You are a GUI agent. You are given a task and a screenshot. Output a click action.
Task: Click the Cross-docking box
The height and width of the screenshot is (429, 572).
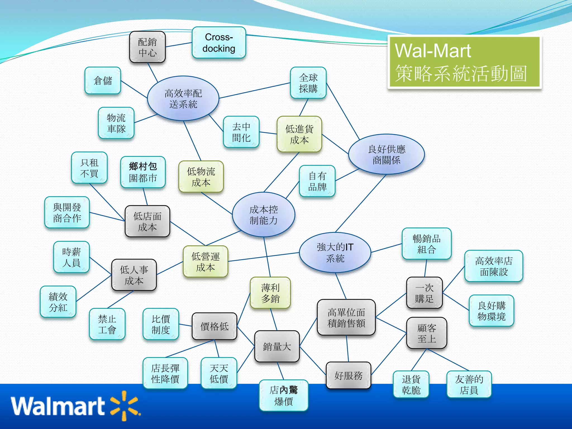coord(219,42)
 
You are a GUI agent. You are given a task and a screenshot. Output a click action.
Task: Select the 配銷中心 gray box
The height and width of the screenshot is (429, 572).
coord(147,47)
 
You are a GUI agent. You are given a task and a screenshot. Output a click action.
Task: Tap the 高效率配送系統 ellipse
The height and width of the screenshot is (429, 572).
coord(183,98)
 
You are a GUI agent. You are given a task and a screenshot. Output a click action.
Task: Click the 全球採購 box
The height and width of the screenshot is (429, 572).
coord(308,83)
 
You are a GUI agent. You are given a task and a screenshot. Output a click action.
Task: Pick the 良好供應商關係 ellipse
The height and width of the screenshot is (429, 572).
coord(386,154)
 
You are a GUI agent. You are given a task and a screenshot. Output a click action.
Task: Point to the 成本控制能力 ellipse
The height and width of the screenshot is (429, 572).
coord(263,214)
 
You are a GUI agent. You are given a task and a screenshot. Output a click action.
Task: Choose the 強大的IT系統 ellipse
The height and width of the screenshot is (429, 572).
coord(335,252)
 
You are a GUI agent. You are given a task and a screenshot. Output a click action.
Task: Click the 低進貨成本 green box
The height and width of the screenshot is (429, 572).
coord(299,134)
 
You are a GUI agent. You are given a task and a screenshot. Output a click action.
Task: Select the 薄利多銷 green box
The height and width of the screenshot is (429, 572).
coord(270,293)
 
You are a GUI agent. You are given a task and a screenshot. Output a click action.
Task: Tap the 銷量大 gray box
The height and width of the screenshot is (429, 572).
coord(277,346)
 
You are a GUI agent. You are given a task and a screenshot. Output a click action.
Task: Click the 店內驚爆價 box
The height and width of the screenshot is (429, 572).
coord(283,395)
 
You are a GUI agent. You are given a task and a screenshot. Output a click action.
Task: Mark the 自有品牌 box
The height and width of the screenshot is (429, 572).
coord(317,181)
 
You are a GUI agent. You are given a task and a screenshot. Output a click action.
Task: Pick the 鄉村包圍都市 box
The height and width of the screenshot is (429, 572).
coord(143,172)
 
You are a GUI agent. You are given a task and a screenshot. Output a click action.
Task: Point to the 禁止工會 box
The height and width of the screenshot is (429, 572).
coord(107,324)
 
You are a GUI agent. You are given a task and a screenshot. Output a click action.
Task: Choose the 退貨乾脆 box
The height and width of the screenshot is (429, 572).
coord(411,384)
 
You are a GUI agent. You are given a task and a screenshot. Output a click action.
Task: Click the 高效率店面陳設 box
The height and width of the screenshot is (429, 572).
coord(494,266)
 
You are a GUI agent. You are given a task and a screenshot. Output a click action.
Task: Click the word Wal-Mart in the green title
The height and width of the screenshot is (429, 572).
coord(433,51)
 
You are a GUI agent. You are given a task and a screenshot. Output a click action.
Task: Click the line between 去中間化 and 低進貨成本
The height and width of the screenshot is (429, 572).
coord(268,133)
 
